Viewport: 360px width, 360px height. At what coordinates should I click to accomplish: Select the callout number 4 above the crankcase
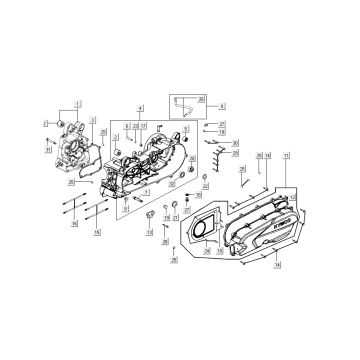[140, 107]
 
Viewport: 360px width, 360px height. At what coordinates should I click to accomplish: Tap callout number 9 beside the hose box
[222, 104]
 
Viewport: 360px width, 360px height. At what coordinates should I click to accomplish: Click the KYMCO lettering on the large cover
[273, 231]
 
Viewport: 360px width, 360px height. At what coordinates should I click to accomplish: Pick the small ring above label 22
[205, 177]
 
